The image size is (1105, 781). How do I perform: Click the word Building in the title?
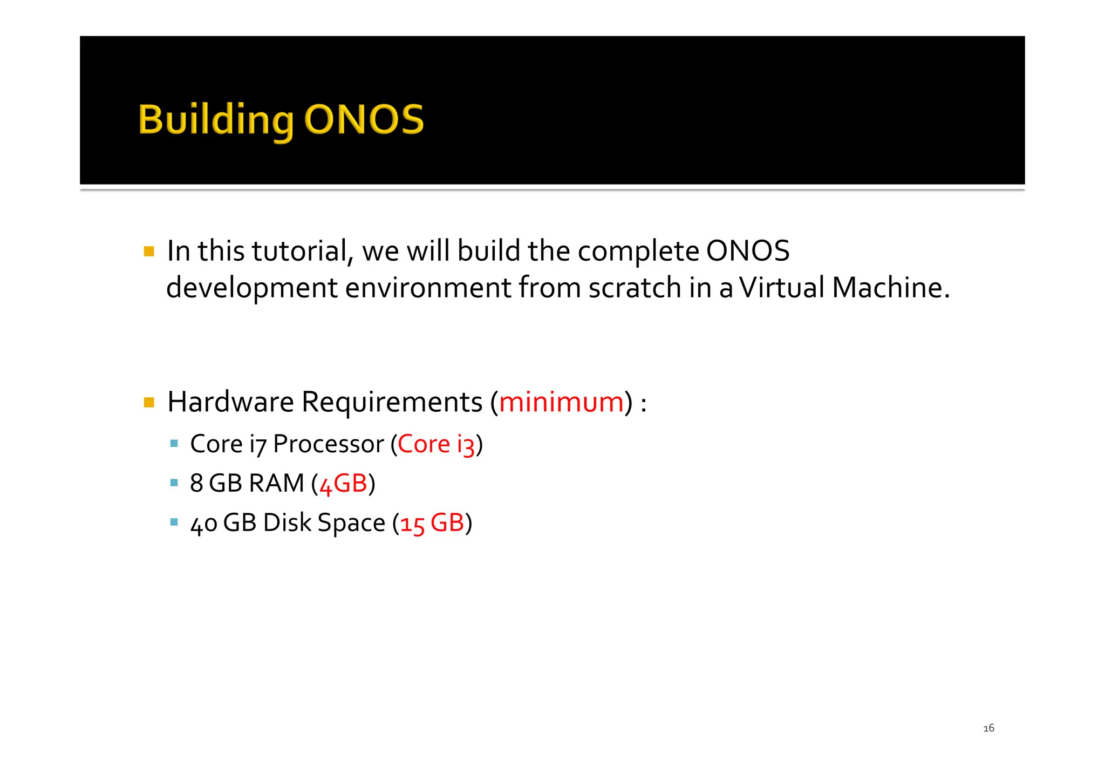216,120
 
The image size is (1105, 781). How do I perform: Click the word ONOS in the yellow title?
364,119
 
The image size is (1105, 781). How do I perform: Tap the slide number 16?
988,728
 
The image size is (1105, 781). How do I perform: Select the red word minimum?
561,402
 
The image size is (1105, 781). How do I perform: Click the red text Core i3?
436,444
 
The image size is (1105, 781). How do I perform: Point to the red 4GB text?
343,484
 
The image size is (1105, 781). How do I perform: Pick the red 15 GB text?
432,523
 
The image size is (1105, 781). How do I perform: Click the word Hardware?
230,402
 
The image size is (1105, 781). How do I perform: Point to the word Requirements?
392,402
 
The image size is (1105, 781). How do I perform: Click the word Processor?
329,444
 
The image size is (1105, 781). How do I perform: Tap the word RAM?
277,484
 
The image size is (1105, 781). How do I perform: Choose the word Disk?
288,523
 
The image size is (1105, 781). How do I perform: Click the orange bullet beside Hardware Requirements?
149,402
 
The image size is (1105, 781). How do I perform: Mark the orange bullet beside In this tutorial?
149,252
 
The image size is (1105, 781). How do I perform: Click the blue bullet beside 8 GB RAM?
174,483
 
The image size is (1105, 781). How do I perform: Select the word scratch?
635,287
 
